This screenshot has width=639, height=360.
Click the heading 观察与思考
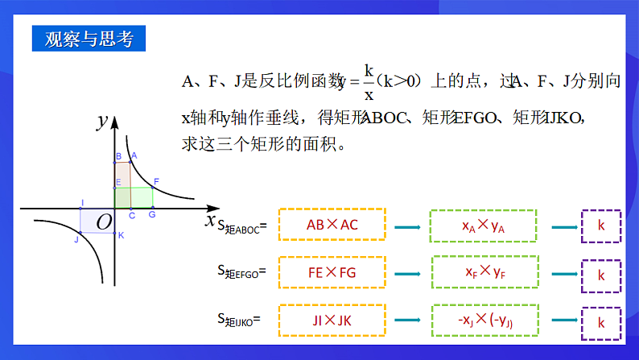(x=89, y=39)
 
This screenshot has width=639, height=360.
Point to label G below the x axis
(x=151, y=215)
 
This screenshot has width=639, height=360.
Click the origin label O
(x=104, y=221)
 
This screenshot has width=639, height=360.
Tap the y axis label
(x=102, y=122)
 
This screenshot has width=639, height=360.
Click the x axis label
(x=211, y=219)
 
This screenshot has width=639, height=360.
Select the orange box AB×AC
(x=332, y=226)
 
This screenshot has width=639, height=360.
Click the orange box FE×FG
(x=332, y=273)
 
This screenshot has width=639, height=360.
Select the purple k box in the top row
(x=600, y=226)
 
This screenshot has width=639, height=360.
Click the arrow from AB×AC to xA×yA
(x=408, y=226)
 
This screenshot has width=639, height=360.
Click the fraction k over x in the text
(x=369, y=81)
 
